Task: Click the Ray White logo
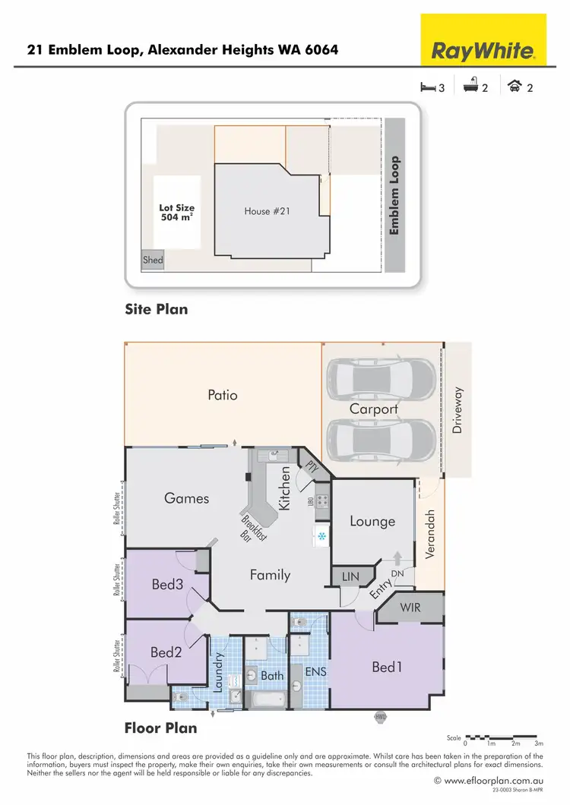pyautogui.click(x=484, y=51)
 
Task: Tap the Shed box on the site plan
pyautogui.click(x=153, y=260)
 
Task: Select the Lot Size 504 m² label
pyautogui.click(x=177, y=212)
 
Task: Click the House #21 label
pyautogui.click(x=268, y=211)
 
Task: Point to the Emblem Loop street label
pyautogui.click(x=394, y=195)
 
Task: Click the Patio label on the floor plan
pyautogui.click(x=223, y=395)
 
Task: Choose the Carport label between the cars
pyautogui.click(x=373, y=409)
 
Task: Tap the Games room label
pyautogui.click(x=186, y=498)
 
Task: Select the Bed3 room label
pyautogui.click(x=166, y=585)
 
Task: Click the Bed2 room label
pyautogui.click(x=165, y=652)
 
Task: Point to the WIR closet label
pyautogui.click(x=410, y=608)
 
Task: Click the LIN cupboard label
pyautogui.click(x=350, y=577)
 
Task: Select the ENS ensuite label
pyautogui.click(x=315, y=672)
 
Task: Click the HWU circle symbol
pyautogui.click(x=380, y=716)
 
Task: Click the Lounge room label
pyautogui.click(x=372, y=521)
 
